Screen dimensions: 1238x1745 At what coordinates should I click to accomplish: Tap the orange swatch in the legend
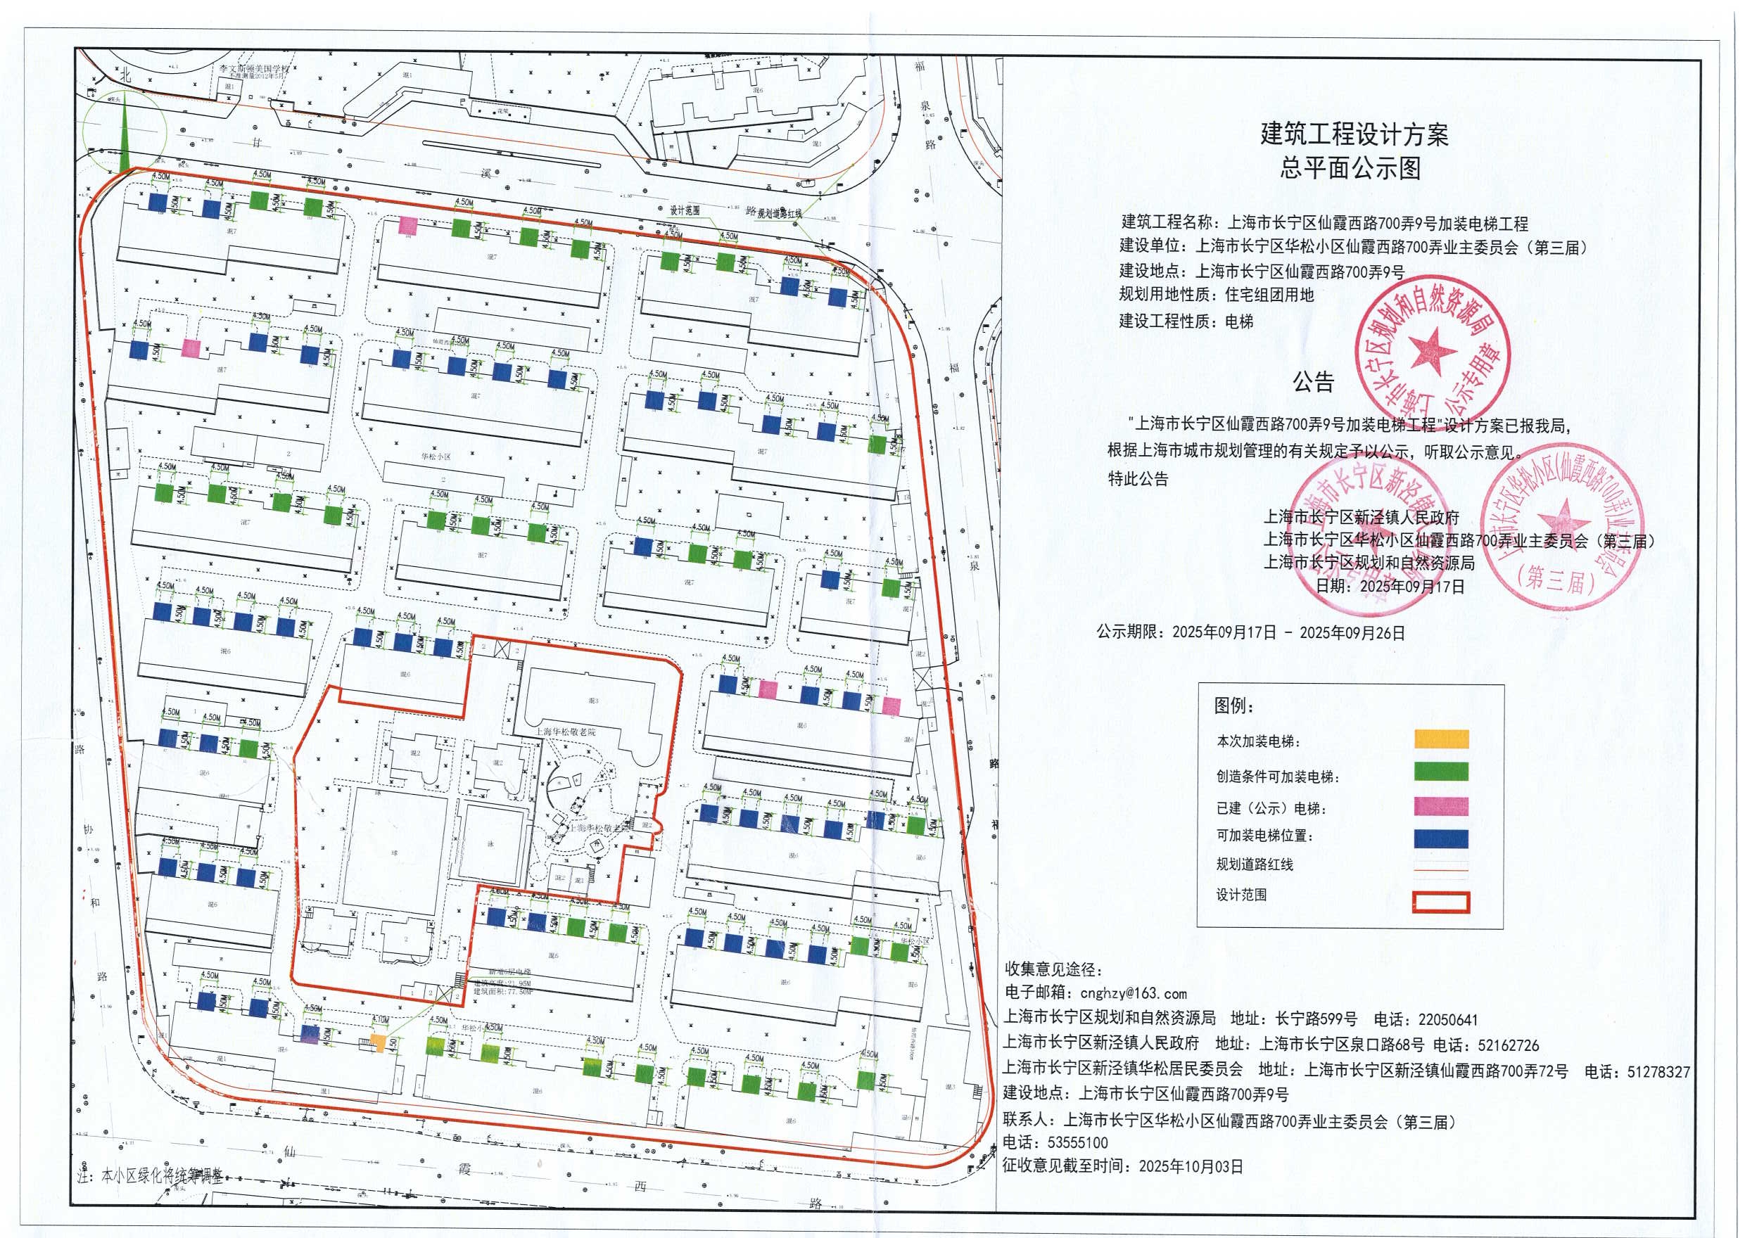click(1441, 739)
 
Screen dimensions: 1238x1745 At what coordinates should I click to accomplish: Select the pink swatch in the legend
click(1441, 807)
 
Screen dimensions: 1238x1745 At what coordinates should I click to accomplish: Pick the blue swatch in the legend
click(1441, 838)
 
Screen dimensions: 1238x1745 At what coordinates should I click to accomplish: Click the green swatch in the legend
click(1441, 772)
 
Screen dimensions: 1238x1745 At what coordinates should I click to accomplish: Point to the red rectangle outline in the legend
click(1441, 902)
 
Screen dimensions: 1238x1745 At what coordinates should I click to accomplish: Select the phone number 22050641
click(1447, 1019)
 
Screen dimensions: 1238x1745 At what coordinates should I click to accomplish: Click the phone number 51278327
click(1658, 1071)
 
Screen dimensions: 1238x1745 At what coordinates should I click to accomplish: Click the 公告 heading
click(1314, 381)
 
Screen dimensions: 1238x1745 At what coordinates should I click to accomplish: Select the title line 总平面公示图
click(1350, 167)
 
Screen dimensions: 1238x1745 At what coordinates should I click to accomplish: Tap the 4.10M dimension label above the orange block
click(380, 1019)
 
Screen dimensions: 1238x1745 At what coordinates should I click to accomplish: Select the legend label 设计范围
click(1242, 895)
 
